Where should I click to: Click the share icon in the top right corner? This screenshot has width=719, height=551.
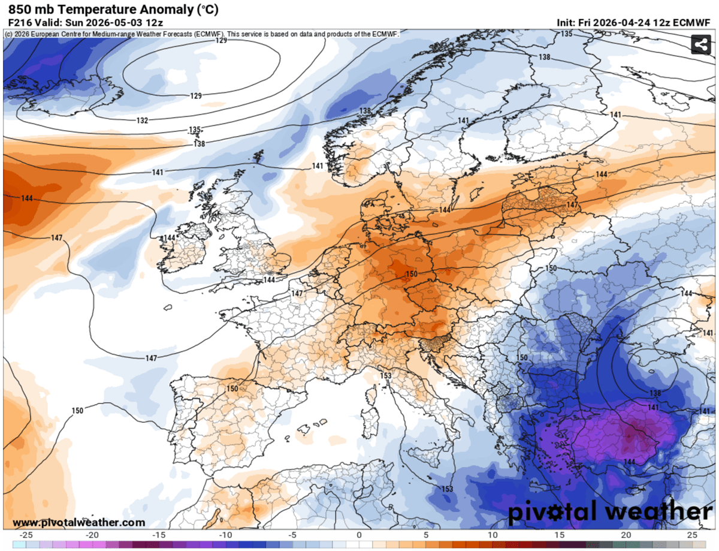tap(700, 44)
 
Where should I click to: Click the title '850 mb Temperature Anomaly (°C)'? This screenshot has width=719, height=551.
tap(113, 10)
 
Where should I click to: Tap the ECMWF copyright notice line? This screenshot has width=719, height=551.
tap(201, 34)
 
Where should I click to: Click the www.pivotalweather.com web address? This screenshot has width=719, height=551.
tap(78, 523)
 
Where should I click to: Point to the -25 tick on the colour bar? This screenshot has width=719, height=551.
tap(26, 535)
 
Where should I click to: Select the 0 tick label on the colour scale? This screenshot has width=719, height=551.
tap(359, 535)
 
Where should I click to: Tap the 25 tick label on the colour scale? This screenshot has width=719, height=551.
tap(692, 535)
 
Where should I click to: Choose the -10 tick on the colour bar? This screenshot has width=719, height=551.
tap(226, 535)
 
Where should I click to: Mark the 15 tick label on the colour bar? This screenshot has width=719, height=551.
tap(559, 535)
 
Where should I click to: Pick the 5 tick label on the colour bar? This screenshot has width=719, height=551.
tap(425, 535)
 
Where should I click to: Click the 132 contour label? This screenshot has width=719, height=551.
tap(142, 121)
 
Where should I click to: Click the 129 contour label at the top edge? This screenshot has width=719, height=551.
tap(221, 40)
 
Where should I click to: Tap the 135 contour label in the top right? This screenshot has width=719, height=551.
tap(566, 34)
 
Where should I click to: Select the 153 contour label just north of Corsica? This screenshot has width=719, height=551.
tap(386, 376)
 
